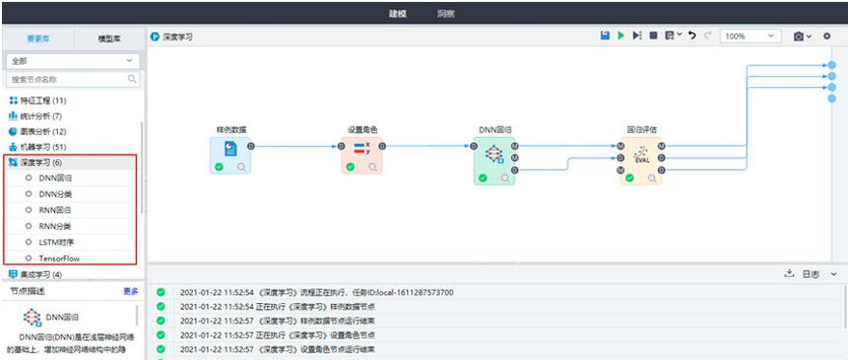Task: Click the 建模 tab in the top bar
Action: pyautogui.click(x=397, y=14)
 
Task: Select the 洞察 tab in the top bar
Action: pyautogui.click(x=446, y=14)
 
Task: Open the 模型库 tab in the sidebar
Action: pyautogui.click(x=109, y=38)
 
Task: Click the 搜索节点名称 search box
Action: pyautogui.click(x=68, y=79)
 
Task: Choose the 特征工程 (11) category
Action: pyautogui.click(x=38, y=100)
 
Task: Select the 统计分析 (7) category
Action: pyautogui.click(x=36, y=116)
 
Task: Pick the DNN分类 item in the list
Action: pyautogui.click(x=55, y=194)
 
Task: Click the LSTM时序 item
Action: pyautogui.click(x=58, y=242)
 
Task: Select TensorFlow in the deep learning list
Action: pyautogui.click(x=59, y=259)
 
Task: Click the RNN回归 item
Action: pyautogui.click(x=55, y=210)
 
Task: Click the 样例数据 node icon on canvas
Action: pyautogui.click(x=231, y=150)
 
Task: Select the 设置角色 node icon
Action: pyautogui.click(x=362, y=150)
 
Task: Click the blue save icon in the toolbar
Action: pyautogui.click(x=605, y=36)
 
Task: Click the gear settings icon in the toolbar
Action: pyautogui.click(x=826, y=36)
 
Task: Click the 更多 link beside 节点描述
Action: pyautogui.click(x=131, y=291)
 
